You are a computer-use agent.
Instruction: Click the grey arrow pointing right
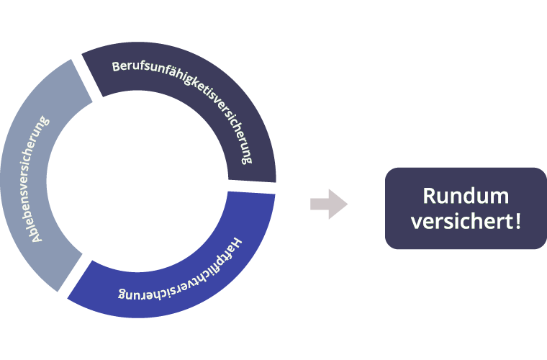[x=329, y=204]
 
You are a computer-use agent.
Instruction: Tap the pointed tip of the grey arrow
[x=347, y=204]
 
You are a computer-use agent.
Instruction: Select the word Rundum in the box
[x=466, y=196]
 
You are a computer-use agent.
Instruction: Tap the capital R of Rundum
[x=429, y=196]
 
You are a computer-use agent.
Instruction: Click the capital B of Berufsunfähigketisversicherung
[x=116, y=66]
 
